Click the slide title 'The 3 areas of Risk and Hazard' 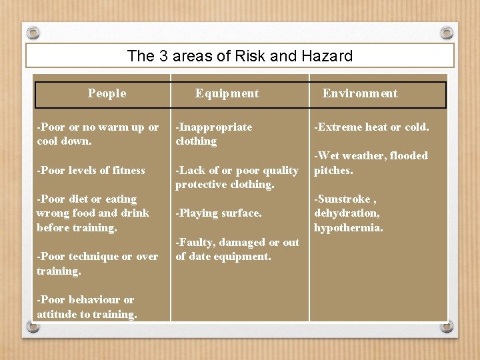coord(240,56)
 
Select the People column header coord(107,93)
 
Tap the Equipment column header coord(227,93)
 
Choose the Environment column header coord(360,93)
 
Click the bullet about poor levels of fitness coord(91,170)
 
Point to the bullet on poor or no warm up coord(97,134)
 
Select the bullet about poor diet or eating coord(93,213)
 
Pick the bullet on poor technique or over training coord(97,263)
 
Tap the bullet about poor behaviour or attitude coord(87,307)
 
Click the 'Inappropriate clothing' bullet coord(213,134)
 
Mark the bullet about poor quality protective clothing coord(237,177)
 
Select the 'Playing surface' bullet coord(218,213)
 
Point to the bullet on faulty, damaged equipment coord(237,249)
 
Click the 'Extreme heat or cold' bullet coord(371,127)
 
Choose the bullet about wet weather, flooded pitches coord(371,163)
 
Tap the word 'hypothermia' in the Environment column coord(349,227)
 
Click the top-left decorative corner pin coord(34,33)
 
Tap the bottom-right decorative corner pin coord(446,327)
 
